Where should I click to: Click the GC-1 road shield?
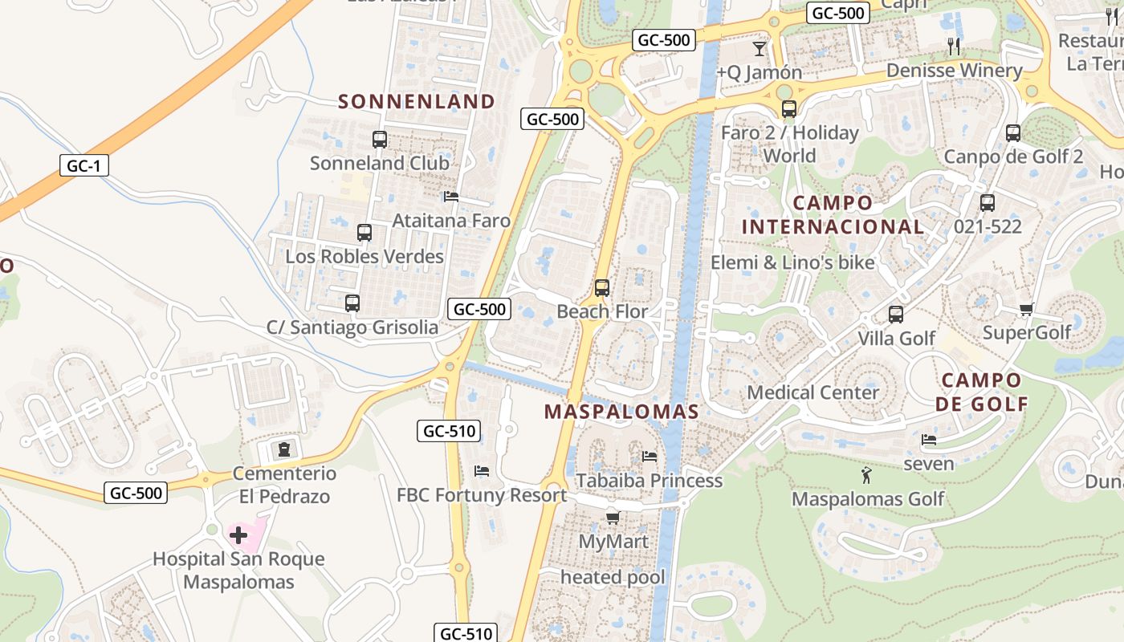tap(83, 166)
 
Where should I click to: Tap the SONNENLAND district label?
tap(417, 101)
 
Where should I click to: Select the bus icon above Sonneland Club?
tap(380, 140)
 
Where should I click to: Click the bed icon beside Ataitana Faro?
tap(451, 197)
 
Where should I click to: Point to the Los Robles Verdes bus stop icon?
tap(364, 233)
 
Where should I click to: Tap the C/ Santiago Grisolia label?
tap(352, 327)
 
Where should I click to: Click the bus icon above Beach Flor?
tap(602, 288)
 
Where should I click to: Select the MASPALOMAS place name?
tap(621, 412)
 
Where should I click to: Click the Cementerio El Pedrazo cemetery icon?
tap(283, 449)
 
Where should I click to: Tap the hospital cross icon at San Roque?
tap(238, 534)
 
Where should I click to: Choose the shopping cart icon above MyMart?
tap(613, 518)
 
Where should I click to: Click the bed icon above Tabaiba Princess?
tap(650, 457)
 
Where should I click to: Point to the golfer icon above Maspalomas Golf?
tap(865, 476)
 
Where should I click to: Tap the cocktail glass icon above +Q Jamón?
tap(760, 48)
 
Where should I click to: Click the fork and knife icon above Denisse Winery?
tap(954, 46)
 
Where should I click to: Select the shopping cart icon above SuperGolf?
tap(1026, 309)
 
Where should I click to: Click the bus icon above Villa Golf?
tap(896, 315)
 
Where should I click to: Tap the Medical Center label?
tap(813, 393)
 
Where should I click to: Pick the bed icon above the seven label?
tap(929, 440)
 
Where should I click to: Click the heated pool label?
tap(613, 577)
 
